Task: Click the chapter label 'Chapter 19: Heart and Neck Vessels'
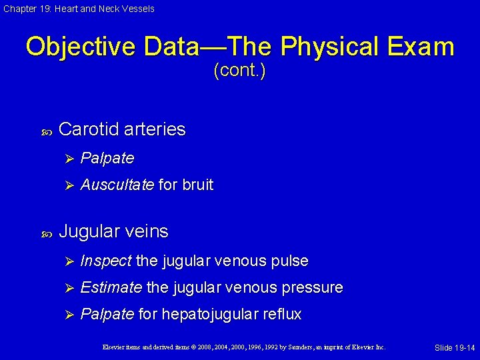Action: click(79, 9)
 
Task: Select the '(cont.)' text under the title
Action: click(239, 71)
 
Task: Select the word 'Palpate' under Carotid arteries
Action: click(107, 159)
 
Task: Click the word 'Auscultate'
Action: click(117, 185)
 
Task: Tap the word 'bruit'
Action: click(197, 185)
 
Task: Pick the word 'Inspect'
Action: click(105, 261)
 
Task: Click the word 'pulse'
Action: click(291, 261)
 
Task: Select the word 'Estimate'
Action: click(111, 288)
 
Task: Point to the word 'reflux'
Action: click(282, 314)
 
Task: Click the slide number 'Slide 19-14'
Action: click(455, 348)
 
